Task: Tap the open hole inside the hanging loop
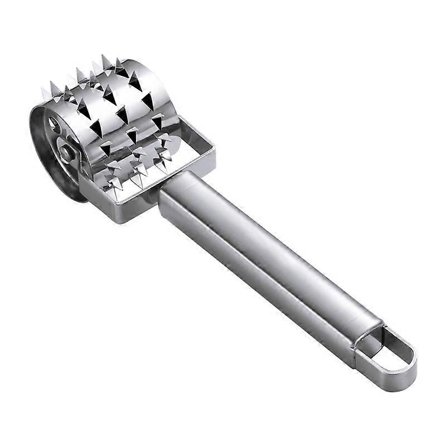(x=388, y=352)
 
